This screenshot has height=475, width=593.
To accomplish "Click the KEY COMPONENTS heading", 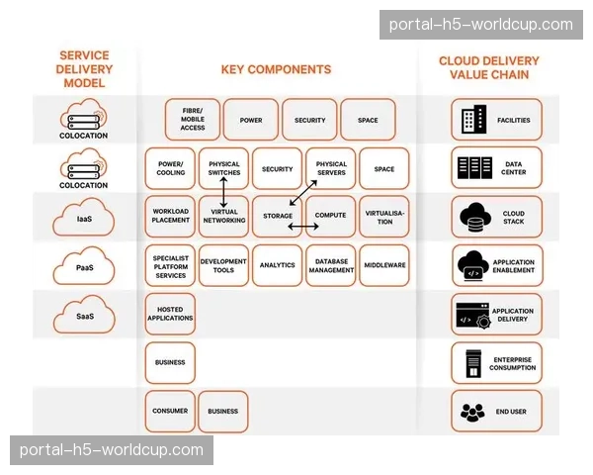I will (x=276, y=70).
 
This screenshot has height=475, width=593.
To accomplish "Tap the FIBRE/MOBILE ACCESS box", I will (x=193, y=121).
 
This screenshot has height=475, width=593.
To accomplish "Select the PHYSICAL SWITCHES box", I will (x=223, y=168).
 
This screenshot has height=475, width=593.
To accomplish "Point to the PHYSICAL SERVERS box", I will (x=331, y=168).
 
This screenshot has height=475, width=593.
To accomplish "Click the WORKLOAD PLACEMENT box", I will (x=170, y=217).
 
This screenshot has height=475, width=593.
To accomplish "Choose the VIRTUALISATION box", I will (x=384, y=217).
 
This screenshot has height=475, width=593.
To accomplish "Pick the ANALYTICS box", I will (x=277, y=265).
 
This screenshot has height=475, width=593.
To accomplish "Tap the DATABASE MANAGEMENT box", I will (x=331, y=265).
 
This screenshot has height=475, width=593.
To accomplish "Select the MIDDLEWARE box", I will (x=384, y=265).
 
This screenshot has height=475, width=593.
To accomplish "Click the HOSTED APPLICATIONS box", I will (x=170, y=314).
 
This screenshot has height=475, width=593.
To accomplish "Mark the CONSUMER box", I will (x=170, y=411).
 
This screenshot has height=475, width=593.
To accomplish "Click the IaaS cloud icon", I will (x=84, y=211).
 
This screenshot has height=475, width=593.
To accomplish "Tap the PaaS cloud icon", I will (x=84, y=259).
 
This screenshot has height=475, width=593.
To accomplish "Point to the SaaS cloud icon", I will (x=84, y=309).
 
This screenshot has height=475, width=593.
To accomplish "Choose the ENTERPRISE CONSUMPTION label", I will (x=512, y=363).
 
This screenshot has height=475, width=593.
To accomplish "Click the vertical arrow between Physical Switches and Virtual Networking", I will (x=223, y=192).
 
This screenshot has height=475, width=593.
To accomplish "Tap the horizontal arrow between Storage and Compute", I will (x=303, y=227).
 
